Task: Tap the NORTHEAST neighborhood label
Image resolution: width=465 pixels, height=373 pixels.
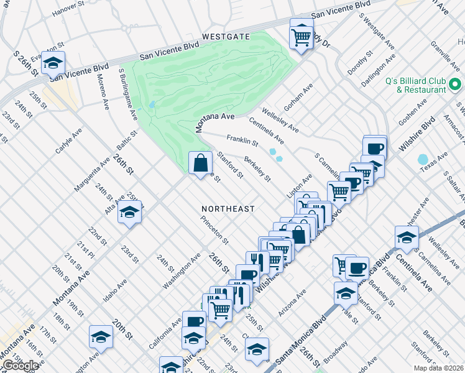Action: tap(228, 209)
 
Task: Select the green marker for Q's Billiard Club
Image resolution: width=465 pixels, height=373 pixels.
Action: tap(455, 85)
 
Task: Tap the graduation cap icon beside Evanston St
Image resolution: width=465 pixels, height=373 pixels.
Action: tap(53, 63)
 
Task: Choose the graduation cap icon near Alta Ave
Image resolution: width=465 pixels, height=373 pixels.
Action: tap(130, 213)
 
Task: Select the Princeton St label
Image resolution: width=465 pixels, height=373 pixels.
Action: tap(214, 229)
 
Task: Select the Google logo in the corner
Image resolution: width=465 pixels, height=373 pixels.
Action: tap(20, 366)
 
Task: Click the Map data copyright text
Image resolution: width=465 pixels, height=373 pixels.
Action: tap(438, 368)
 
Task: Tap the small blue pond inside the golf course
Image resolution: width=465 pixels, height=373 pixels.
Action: tap(151, 105)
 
